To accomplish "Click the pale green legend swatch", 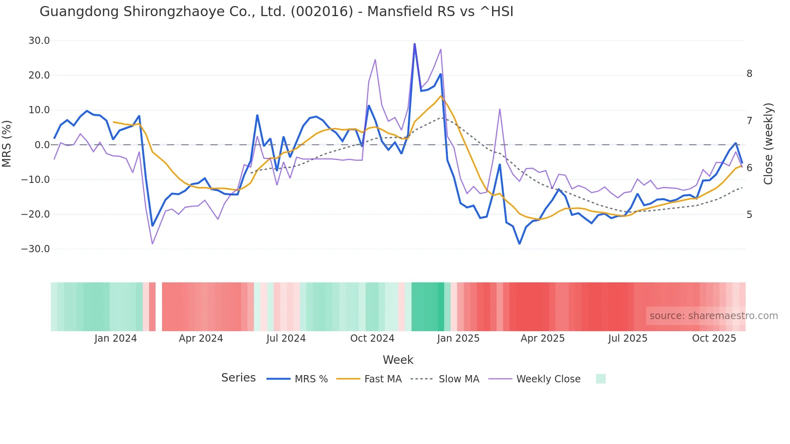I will coord(601,379).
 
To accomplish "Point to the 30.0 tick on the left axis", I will coord(39,41).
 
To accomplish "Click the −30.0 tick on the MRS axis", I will coord(36,249).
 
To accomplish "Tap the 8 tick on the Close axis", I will coord(749,74).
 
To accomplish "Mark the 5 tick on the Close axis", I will coord(749,215).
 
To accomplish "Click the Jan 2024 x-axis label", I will coord(116,338).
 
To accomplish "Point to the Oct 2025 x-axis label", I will coord(714,338).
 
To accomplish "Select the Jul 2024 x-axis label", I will coord(286,338).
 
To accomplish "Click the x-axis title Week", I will coord(398,360).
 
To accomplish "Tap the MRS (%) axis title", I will coord(7,143).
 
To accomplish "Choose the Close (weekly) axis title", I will coord(768,144).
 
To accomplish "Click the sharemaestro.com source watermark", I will coord(713,316).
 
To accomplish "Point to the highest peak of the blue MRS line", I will coord(414,44).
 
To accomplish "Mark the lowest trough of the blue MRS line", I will coord(520,243).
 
